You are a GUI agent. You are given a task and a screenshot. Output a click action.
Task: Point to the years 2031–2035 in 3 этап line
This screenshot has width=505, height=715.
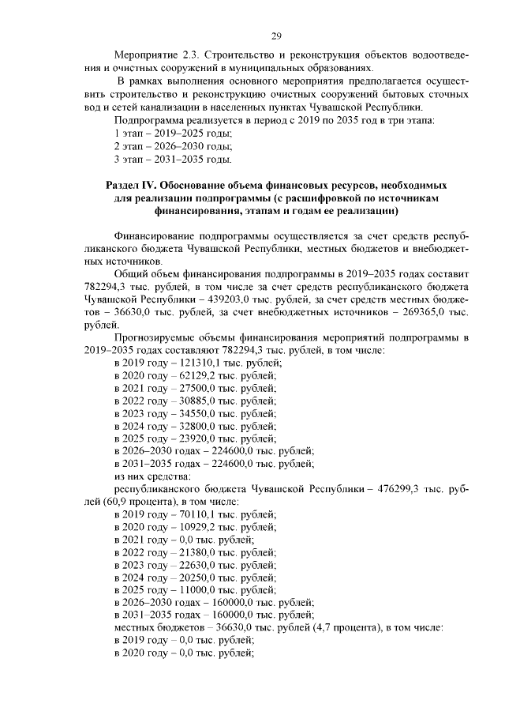[178, 160]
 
